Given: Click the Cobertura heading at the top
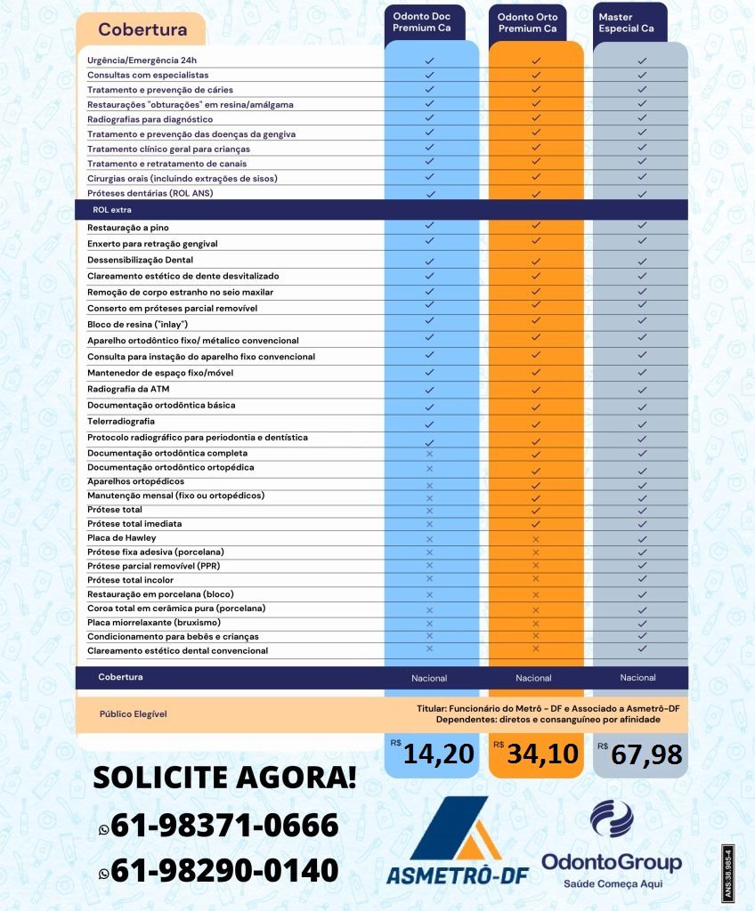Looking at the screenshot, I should [x=142, y=29].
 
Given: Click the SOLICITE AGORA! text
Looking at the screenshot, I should [x=225, y=777].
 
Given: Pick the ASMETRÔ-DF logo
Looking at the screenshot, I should [x=456, y=841].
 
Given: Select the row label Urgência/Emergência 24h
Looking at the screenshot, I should [x=142, y=60].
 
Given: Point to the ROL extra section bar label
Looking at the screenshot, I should [x=112, y=209].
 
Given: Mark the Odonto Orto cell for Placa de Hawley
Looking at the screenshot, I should [x=535, y=539].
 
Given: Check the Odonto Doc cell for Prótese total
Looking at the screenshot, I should [x=429, y=511].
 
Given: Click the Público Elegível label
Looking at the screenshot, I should [x=133, y=713].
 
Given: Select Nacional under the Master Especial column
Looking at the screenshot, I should [x=637, y=678].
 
